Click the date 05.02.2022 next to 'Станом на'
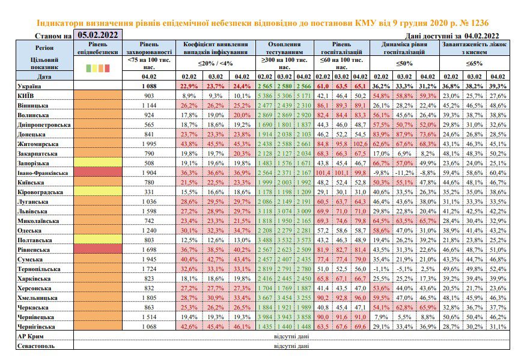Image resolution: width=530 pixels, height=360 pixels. click(98, 35)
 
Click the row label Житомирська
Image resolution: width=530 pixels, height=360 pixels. click(38, 144)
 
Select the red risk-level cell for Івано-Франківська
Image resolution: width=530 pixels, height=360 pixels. click(98, 172)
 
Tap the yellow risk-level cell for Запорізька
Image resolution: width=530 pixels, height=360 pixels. click(98, 163)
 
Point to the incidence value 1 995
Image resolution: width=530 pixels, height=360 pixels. click(149, 144)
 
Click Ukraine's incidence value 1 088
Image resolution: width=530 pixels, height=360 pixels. click(149, 86)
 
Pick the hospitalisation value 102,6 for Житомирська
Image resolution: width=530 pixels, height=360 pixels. click(361, 144)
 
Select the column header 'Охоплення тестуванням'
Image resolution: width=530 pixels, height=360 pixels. click(284, 48)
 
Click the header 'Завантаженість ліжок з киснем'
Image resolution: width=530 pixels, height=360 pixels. click(474, 48)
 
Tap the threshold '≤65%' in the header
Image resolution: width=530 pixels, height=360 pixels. click(474, 63)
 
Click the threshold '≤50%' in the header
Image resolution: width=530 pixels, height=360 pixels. click(404, 63)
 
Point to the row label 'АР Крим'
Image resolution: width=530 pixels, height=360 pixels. click(31, 337)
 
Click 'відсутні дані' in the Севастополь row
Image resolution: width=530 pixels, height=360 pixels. click(291, 346)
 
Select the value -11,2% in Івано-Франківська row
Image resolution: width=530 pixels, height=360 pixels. click(404, 172)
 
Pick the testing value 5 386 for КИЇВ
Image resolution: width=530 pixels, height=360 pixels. click(264, 96)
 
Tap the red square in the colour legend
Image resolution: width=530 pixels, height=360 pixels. click(107, 68)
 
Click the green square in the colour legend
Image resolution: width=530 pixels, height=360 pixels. click(88, 68)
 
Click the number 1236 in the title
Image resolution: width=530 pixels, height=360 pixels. click(480, 23)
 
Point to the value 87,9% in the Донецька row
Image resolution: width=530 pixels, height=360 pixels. click(404, 134)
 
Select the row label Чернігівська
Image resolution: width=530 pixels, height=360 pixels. click(36, 327)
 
